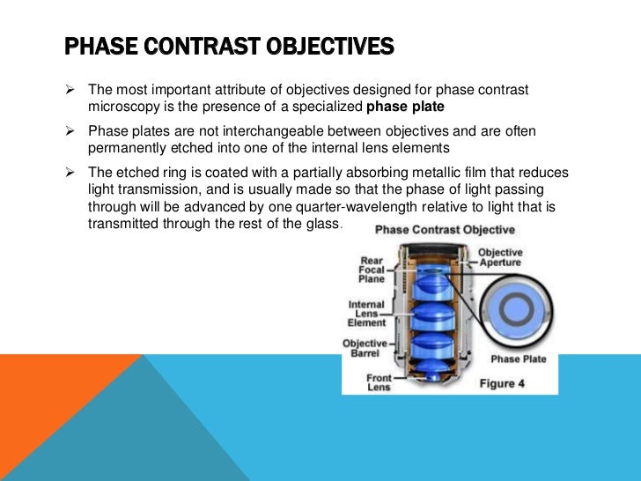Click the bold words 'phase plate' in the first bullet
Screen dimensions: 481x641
[x=406, y=107]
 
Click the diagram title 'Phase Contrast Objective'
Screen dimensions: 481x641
[x=446, y=230]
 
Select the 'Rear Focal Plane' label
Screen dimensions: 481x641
[x=371, y=269]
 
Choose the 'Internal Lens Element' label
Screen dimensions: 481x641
[x=366, y=314]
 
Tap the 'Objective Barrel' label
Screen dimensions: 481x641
[x=365, y=349]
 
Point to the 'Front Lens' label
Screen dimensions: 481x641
[x=379, y=383]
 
